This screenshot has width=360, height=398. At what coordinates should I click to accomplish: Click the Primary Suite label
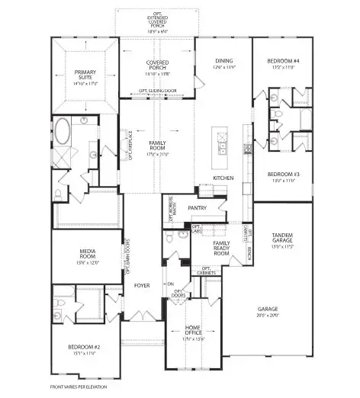pos(85,74)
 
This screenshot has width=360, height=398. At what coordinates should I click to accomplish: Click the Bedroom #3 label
pos(283,175)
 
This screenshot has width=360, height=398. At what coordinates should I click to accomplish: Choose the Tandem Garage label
pos(283,239)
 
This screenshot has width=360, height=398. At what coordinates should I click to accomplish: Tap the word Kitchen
pos(223,178)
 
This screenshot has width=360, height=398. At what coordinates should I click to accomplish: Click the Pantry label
pos(197,207)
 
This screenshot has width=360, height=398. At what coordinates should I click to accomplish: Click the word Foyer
pos(142,286)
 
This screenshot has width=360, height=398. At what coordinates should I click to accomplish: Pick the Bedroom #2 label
pos(82,349)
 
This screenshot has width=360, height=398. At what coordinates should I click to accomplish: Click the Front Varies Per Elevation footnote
pos(79,387)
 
